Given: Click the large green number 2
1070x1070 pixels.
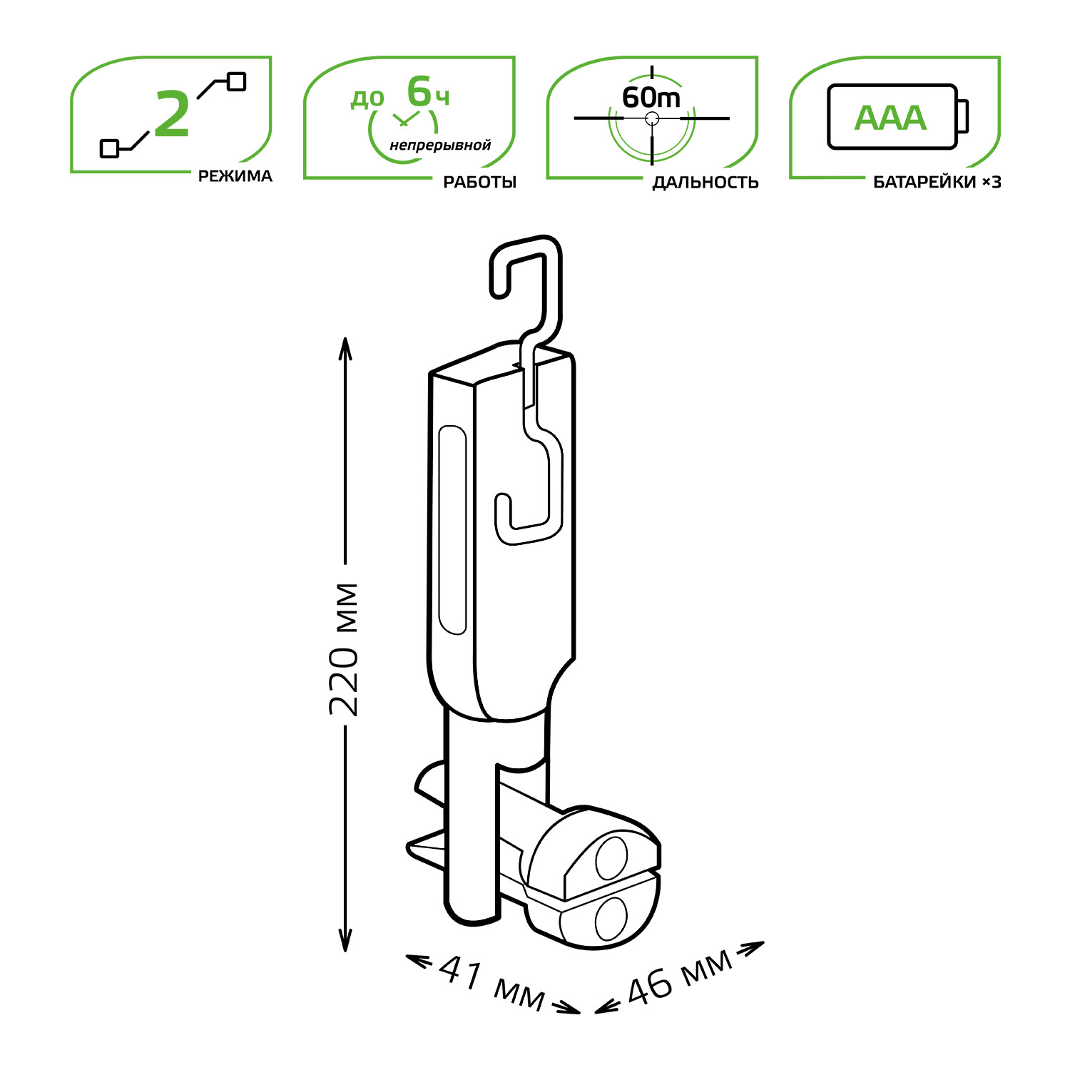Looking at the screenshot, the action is [172, 114].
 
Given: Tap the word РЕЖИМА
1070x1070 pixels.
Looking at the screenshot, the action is [235, 176].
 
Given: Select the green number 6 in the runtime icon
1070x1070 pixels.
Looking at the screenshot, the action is [419, 92].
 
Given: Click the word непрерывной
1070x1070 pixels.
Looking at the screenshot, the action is [440, 146].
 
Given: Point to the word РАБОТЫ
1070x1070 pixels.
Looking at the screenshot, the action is [480, 182].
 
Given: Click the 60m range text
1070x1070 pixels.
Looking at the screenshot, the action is [651, 97].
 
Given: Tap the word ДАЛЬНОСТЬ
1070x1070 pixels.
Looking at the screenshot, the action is [705, 182].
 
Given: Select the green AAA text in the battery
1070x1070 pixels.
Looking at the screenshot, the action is [890, 118].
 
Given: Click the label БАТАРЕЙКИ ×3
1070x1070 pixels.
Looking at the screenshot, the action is [937, 182].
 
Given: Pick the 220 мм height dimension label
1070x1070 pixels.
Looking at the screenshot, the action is [345, 649].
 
